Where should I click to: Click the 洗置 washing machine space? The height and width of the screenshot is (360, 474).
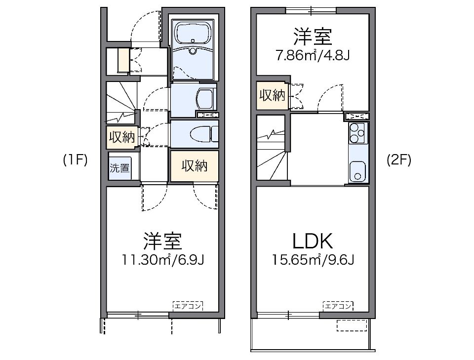click(119, 168)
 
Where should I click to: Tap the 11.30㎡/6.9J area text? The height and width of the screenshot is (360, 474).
click(163, 260)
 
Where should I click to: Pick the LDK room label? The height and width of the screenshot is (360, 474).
click(313, 241)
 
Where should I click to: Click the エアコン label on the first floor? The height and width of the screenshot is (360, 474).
click(188, 306)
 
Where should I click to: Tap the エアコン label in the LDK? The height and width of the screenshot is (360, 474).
click(338, 306)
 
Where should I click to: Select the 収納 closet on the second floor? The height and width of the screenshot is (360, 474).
click(272, 95)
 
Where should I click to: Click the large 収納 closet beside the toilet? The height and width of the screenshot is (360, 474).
click(194, 166)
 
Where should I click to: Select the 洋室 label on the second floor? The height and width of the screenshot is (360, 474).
click(313, 37)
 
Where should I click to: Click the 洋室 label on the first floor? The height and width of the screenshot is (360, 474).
click(163, 241)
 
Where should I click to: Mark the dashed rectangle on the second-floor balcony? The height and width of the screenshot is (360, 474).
click(352, 324)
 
